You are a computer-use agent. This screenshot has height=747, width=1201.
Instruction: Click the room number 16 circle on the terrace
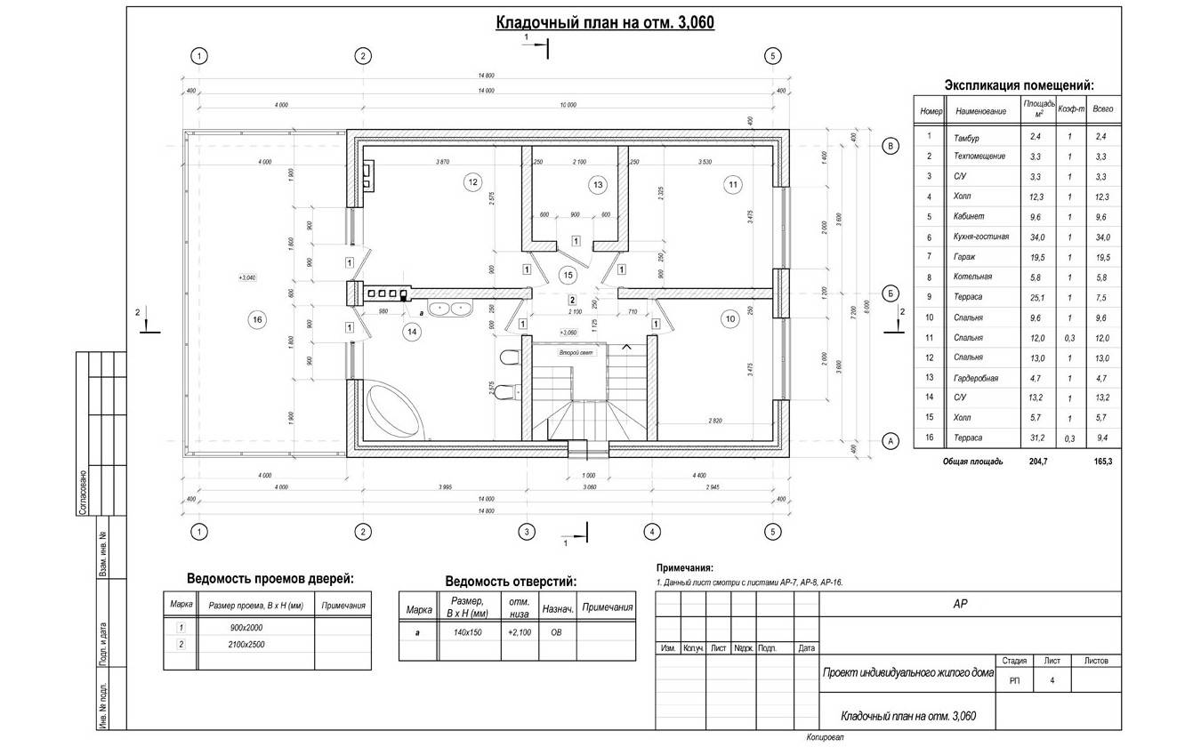257,319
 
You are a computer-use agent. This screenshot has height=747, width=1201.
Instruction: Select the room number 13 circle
597,185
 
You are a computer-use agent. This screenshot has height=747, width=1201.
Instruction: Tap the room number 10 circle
730,318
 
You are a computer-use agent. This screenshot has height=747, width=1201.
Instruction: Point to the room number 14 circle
411,332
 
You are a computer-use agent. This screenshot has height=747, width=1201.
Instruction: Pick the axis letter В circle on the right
887,147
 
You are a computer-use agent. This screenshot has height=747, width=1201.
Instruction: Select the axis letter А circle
887,439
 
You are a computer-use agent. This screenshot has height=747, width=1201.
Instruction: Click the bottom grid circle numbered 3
527,532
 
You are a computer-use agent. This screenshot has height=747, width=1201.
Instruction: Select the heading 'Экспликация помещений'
1019,85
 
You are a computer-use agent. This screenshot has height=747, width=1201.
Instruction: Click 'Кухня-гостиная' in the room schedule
980,237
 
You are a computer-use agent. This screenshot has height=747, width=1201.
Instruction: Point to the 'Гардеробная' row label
976,378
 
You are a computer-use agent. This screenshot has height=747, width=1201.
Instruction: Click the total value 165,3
1104,462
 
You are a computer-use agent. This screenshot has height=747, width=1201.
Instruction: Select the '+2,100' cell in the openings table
520,631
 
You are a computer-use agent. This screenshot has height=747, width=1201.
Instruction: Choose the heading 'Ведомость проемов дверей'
270,578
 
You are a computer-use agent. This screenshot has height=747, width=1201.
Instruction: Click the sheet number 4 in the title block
1052,680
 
